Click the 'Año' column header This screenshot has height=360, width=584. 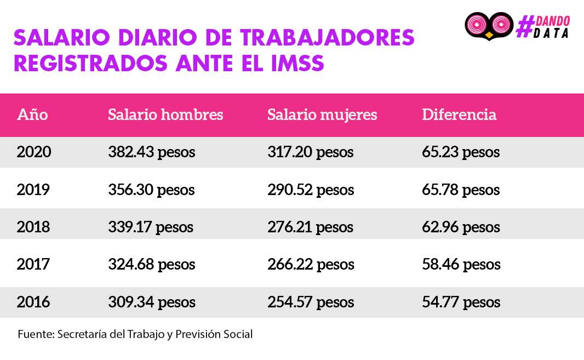tap(32, 115)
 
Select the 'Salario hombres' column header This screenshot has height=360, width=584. tap(165, 115)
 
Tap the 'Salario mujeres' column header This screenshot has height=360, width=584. tap(322, 115)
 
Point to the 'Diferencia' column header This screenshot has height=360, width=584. tap(459, 115)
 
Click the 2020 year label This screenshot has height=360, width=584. tap(34, 152)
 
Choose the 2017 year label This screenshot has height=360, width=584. tap(33, 264)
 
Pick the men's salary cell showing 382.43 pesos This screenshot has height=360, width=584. tap(152, 152)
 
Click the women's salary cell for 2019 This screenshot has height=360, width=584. tap(311, 190)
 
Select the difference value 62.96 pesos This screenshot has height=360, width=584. tap(461, 227)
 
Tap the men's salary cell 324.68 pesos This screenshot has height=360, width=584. tap(152, 265)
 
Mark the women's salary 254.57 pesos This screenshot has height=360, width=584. tap(311, 302)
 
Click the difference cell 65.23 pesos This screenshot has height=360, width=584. tap(461, 152)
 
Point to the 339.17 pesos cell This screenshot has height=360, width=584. tap(151, 227)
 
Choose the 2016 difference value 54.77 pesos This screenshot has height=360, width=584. tap(461, 302)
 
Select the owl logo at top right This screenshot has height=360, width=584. tap(489, 26)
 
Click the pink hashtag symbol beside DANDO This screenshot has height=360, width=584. tap(525, 26)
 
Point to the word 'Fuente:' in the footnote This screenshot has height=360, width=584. tap(36, 334)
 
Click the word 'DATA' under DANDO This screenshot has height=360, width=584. tap(551, 33)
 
